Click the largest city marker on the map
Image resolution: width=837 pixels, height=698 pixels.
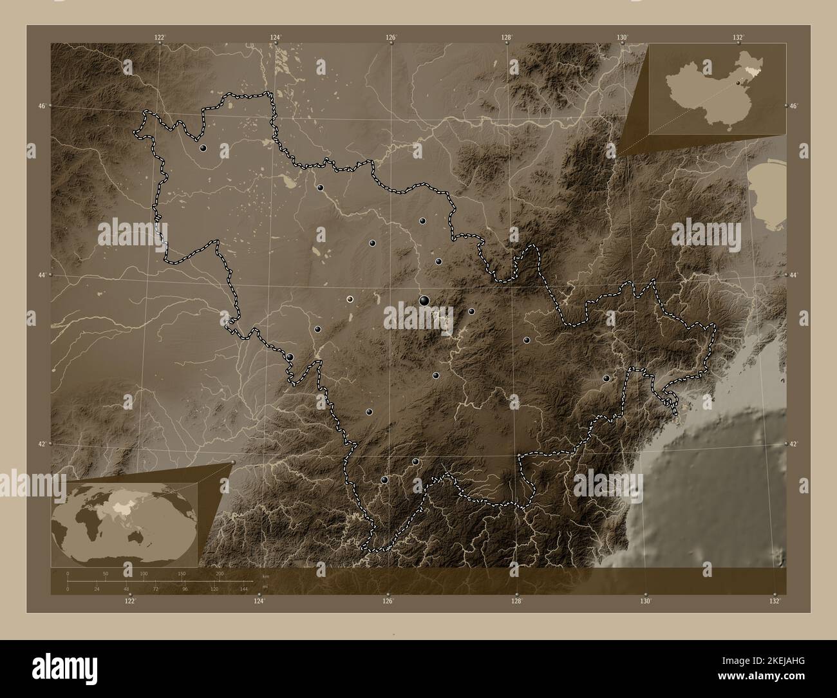(x=424, y=300)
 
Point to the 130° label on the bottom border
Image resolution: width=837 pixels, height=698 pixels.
(x=646, y=602)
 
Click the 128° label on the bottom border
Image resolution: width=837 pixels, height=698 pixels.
(x=516, y=602)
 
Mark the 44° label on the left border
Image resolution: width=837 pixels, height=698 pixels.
(x=42, y=275)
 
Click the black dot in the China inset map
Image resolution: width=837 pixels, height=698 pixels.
(x=738, y=82)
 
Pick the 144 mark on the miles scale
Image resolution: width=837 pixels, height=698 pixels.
(x=243, y=589)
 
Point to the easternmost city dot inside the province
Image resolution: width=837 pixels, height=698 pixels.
(x=606, y=379)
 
